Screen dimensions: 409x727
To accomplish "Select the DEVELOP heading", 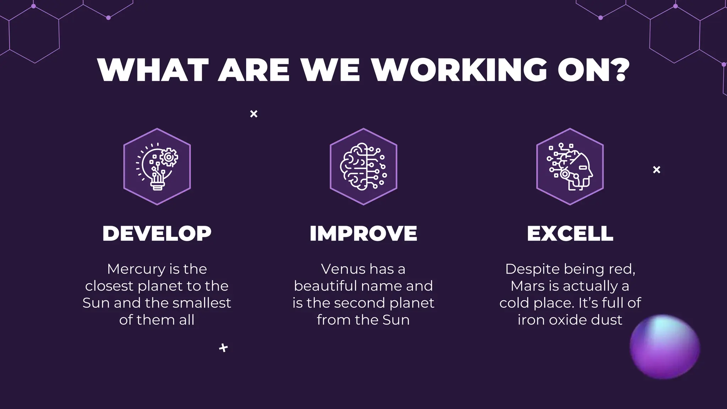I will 157,234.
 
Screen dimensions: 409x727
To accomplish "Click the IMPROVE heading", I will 363,234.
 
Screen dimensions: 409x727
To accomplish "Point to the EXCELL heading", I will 570,234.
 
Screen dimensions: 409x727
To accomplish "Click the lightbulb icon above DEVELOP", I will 157,167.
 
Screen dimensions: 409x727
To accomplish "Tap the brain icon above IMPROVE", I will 363,167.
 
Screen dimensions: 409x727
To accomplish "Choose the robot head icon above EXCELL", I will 570,167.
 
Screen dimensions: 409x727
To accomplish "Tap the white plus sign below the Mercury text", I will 223,348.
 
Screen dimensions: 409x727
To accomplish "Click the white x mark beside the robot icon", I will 657,170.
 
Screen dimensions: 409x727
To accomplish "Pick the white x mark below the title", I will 254,114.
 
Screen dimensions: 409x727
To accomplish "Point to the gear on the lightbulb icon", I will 169,157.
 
